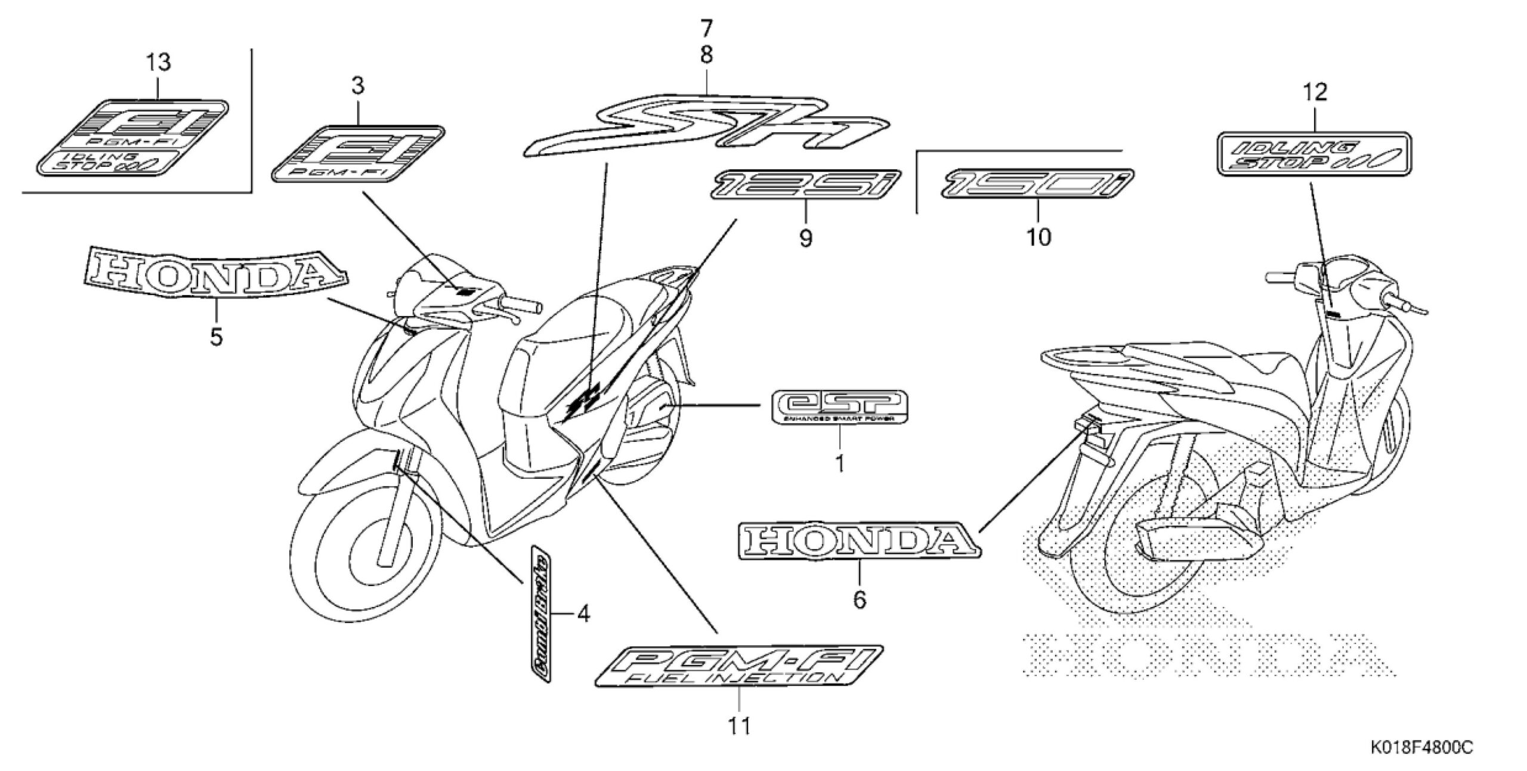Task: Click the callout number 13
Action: (158, 62)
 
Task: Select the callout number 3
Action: (357, 87)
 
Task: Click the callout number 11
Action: (739, 726)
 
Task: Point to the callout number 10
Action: (1038, 238)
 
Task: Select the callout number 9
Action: (805, 239)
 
